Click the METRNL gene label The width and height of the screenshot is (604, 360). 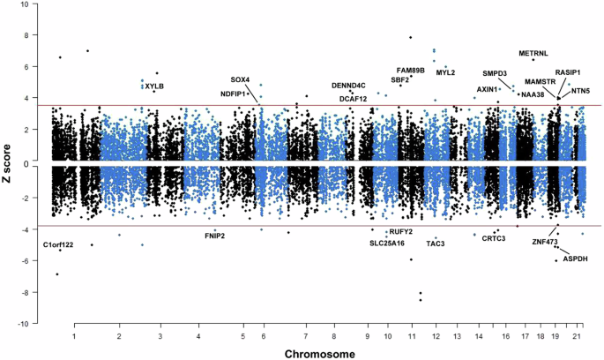pyautogui.click(x=533, y=53)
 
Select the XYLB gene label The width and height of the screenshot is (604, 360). pyautogui.click(x=154, y=86)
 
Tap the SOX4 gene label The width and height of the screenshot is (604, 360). pyautogui.click(x=240, y=80)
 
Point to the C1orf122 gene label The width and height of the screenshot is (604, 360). pyautogui.click(x=58, y=244)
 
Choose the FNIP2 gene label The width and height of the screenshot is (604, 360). pyautogui.click(x=215, y=236)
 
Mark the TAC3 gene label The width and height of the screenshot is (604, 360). pyautogui.click(x=436, y=244)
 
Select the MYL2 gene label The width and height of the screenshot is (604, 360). pyautogui.click(x=445, y=72)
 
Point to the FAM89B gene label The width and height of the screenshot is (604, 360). pyautogui.click(x=411, y=70)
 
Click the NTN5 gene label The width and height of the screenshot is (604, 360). pyautogui.click(x=580, y=91)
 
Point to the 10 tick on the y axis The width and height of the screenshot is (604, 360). pyautogui.click(x=26, y=4)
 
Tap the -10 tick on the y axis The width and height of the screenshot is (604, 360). pyautogui.click(x=25, y=324)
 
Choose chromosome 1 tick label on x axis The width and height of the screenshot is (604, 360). pyautogui.click(x=74, y=336)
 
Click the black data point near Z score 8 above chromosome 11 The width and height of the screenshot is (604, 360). pyautogui.click(x=411, y=37)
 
